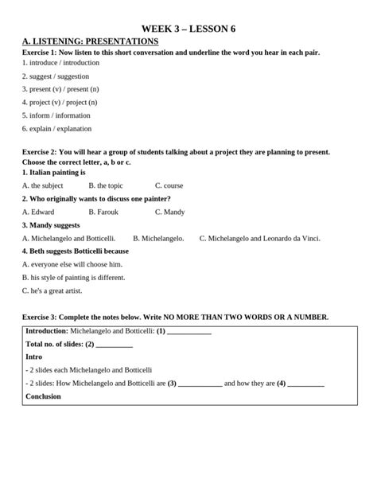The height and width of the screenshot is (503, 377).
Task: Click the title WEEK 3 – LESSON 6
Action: tap(188, 29)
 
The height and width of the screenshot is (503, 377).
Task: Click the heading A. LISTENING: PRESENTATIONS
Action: tap(91, 41)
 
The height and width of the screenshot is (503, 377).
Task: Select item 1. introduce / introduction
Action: tap(60, 62)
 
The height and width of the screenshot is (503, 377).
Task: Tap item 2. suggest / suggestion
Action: tap(56, 76)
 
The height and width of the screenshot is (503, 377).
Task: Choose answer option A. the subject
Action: tap(43, 185)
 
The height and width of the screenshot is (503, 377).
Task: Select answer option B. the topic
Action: tap(106, 185)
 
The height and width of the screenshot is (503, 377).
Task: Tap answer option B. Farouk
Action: tap(103, 212)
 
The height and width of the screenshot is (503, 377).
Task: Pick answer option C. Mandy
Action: tap(169, 212)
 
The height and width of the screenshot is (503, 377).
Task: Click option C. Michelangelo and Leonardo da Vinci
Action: tap(259, 238)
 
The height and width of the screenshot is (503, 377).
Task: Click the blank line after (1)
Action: tap(189, 332)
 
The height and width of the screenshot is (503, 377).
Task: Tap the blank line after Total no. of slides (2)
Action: tap(115, 345)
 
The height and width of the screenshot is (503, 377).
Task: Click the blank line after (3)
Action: tap(200, 384)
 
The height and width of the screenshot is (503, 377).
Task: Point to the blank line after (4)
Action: tap(305, 384)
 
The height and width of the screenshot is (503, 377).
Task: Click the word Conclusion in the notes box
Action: tap(43, 396)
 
